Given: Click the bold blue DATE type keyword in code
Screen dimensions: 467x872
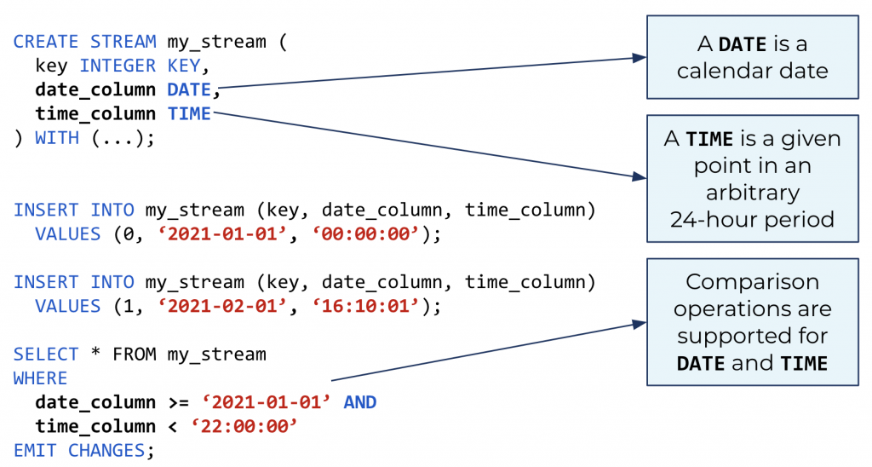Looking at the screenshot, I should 189,89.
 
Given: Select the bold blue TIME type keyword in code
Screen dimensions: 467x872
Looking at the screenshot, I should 189,113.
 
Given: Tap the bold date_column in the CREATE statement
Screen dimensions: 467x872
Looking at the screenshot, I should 95,89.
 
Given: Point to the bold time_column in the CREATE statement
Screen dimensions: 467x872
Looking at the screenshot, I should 95,113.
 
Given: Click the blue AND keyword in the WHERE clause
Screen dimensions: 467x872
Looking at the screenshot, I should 359,402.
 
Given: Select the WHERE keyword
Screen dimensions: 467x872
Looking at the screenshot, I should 40,378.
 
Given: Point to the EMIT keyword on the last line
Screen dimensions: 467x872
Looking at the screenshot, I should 35,450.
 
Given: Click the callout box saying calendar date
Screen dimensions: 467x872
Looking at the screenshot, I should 752,57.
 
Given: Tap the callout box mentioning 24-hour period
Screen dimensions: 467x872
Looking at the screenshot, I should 752,178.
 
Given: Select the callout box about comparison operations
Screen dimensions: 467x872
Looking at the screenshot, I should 752,321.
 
